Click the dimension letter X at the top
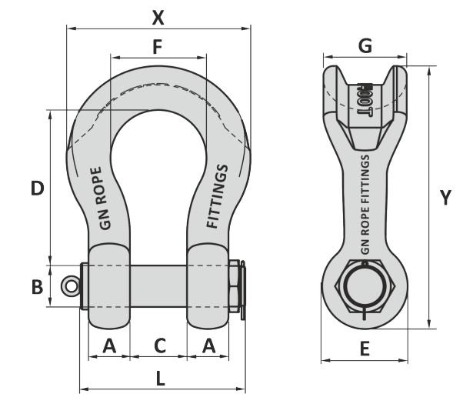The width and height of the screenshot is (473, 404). click(x=158, y=16)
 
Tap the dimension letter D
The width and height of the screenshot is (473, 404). click(x=36, y=188)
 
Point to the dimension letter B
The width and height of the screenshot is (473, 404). click(x=36, y=287)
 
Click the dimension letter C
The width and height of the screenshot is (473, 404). click(x=159, y=346)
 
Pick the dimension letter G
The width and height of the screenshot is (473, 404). click(x=365, y=46)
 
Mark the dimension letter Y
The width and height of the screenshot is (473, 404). click(x=445, y=198)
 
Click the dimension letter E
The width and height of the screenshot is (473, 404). click(x=365, y=349)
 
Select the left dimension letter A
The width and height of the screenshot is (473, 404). click(x=109, y=346)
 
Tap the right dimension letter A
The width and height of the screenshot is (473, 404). click(x=208, y=346)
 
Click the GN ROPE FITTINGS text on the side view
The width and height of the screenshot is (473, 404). click(x=365, y=204)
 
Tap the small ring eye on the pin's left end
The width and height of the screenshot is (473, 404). click(x=72, y=286)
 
